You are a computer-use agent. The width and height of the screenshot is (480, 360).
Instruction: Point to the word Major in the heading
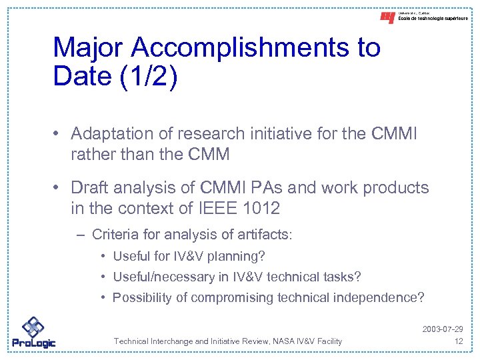tap(89, 47)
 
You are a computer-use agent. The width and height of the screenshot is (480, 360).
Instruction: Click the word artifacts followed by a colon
tap(267, 235)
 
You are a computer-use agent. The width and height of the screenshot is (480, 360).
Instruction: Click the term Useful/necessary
tap(159, 277)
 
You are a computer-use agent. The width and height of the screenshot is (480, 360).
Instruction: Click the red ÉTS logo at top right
tap(387, 18)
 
